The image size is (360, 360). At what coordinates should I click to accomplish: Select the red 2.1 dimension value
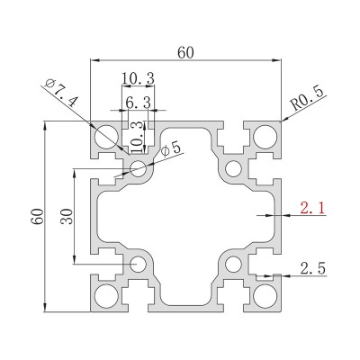pyautogui.click(x=312, y=208)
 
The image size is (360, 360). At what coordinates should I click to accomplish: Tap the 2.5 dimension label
pyautogui.click(x=313, y=268)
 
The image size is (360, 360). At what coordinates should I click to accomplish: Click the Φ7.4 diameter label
pyautogui.click(x=60, y=94)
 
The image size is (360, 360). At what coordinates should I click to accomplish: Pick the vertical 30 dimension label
pyautogui.click(x=67, y=217)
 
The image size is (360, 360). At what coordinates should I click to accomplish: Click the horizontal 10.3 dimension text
pyautogui.click(x=138, y=79)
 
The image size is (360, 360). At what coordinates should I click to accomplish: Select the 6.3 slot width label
pyautogui.click(x=138, y=103)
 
